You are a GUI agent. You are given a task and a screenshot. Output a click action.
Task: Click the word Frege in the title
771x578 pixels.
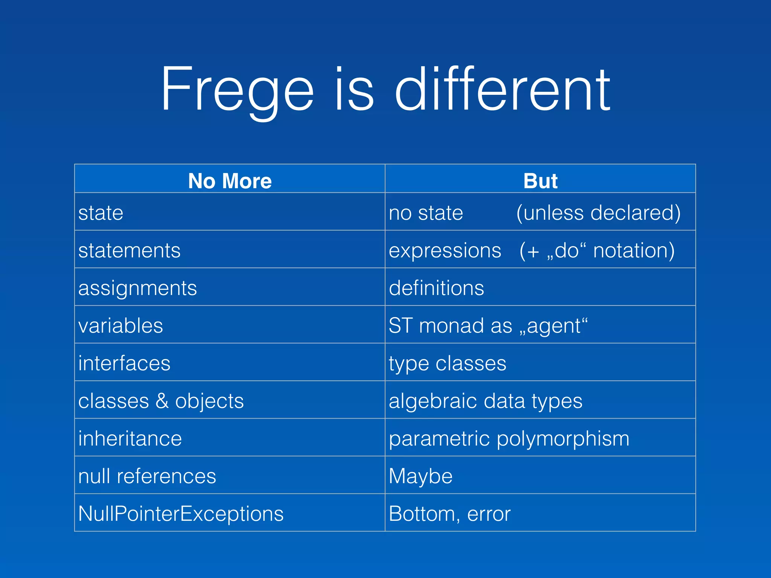click(237, 90)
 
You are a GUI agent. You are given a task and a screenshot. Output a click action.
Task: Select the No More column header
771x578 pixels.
click(230, 181)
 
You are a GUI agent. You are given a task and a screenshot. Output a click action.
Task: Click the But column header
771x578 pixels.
click(540, 181)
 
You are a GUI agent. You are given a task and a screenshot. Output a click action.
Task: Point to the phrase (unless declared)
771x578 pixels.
click(598, 213)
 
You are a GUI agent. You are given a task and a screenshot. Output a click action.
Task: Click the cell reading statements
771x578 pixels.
click(130, 251)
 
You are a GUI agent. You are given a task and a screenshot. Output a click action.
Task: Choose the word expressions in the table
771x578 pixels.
click(445, 251)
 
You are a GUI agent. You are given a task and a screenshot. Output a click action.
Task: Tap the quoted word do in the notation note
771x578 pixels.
click(567, 251)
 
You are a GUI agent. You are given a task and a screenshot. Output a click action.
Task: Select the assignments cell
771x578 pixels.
click(137, 289)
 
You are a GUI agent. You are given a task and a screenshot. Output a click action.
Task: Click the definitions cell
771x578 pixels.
click(436, 288)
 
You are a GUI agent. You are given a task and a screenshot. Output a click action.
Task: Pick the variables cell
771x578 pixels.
click(120, 326)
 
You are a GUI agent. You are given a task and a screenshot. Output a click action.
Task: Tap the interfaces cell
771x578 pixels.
click(124, 364)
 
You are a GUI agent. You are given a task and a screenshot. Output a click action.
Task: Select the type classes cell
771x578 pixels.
click(447, 364)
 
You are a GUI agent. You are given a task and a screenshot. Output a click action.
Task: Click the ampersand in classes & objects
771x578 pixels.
click(162, 401)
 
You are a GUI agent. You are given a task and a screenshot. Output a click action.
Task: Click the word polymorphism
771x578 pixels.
click(563, 439)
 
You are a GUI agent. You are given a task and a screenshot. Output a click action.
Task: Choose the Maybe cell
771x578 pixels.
click(421, 476)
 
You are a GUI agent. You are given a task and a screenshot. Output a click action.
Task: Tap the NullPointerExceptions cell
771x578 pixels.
click(181, 514)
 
